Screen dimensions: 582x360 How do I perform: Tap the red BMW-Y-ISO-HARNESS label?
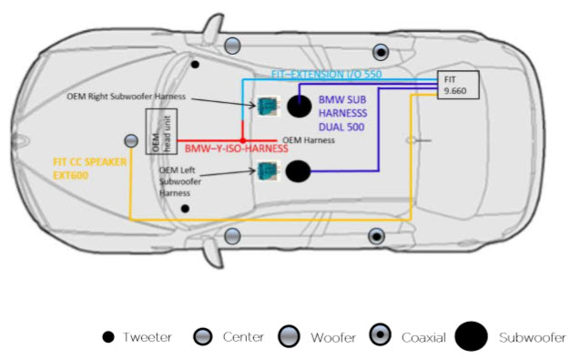237,149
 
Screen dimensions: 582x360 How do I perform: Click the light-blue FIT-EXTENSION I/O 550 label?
326,74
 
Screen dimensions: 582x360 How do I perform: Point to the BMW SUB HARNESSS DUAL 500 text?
342,113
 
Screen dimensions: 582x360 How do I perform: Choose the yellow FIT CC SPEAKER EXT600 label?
89,169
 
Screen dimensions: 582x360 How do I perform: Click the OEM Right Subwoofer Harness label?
127,97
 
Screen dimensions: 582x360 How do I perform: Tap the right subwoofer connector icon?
268,107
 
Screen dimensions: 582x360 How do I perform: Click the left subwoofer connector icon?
268,171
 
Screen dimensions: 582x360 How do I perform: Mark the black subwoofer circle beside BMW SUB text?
299,107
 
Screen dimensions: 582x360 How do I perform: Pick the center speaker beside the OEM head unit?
131,140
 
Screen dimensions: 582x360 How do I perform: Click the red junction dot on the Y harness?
242,140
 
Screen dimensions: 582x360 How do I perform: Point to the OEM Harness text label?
309,140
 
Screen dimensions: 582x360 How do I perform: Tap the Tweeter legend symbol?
108,337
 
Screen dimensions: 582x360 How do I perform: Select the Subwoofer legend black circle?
471,336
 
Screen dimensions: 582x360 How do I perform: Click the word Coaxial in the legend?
424,338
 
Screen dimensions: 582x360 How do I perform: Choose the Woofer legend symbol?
289,336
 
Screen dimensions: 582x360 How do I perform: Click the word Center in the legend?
243,337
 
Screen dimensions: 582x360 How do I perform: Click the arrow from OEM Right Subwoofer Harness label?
224,102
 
